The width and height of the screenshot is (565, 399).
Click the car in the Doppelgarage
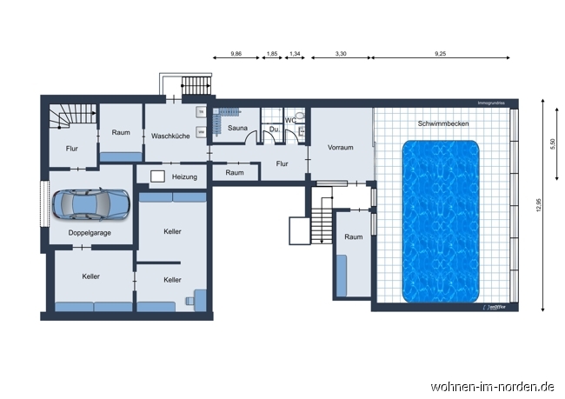(x=91, y=205)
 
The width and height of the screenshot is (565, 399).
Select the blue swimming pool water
(x=442, y=222)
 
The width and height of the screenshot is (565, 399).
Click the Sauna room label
(x=238, y=129)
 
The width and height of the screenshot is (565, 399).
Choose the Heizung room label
(x=184, y=176)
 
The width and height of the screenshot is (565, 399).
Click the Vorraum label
(x=341, y=147)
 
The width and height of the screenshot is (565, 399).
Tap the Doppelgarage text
(x=90, y=233)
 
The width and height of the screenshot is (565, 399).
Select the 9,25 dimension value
(x=442, y=54)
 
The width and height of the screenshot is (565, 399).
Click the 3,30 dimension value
(x=341, y=54)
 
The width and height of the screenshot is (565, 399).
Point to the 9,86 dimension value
(x=236, y=54)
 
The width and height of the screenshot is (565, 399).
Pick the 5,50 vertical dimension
(x=551, y=144)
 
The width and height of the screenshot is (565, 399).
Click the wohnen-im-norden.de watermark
(x=493, y=385)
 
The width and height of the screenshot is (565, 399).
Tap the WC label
(x=291, y=121)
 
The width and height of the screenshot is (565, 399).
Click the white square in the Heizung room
(x=157, y=176)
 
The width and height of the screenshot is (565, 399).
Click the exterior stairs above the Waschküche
(x=196, y=86)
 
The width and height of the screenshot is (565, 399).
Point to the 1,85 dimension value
(x=271, y=54)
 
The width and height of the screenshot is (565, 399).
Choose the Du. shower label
(x=273, y=130)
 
